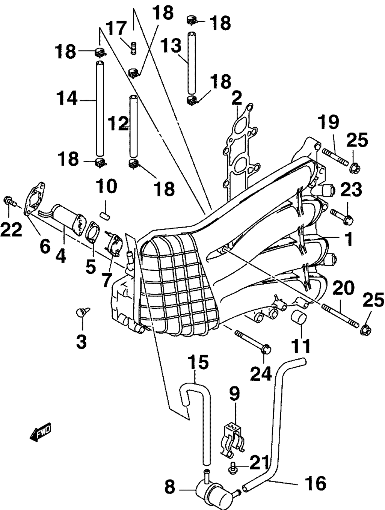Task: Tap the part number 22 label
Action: pyautogui.click(x=11, y=229)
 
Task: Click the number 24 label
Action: pyautogui.click(x=261, y=373)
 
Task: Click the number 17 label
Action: pyautogui.click(x=117, y=28)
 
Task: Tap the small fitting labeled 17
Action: pyautogui.click(x=133, y=48)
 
